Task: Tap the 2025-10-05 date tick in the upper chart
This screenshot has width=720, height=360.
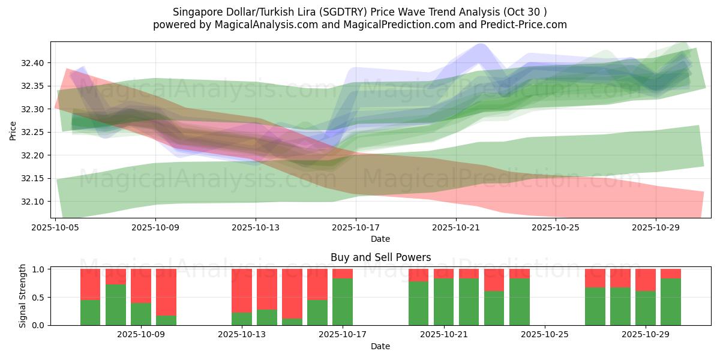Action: (56, 227)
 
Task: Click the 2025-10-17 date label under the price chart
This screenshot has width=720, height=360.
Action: (356, 227)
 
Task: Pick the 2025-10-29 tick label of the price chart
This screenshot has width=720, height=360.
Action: (656, 227)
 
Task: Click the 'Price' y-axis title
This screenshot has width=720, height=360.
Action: (13, 130)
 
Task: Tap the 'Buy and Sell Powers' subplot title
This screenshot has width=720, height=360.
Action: (380, 257)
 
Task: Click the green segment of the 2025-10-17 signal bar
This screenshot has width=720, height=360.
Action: (343, 302)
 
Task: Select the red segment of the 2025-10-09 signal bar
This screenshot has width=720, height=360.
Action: (166, 292)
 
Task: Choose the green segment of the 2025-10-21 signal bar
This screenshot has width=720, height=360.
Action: (443, 302)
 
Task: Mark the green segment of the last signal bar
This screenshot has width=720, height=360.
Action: (670, 302)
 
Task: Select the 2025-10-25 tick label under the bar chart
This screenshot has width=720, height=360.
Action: (544, 335)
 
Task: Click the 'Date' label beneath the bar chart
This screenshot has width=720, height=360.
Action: (380, 346)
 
